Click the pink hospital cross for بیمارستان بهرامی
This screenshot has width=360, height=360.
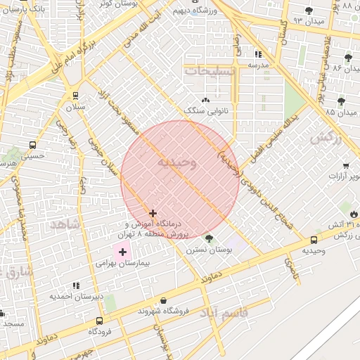123,252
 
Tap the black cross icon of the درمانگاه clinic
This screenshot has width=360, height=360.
153,213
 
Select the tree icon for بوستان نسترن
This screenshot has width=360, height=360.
208,239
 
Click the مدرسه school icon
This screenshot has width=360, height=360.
258,54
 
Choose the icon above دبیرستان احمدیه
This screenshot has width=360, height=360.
76,285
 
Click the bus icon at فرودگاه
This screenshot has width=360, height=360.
100,320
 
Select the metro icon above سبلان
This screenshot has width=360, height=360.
75,96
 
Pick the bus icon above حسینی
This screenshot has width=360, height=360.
32,145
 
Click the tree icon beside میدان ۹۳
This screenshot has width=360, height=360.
309,10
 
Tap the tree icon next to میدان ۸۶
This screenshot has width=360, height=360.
348,58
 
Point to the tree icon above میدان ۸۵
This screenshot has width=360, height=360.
342,101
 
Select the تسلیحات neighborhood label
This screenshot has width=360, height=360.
207,71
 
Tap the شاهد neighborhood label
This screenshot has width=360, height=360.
64,224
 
